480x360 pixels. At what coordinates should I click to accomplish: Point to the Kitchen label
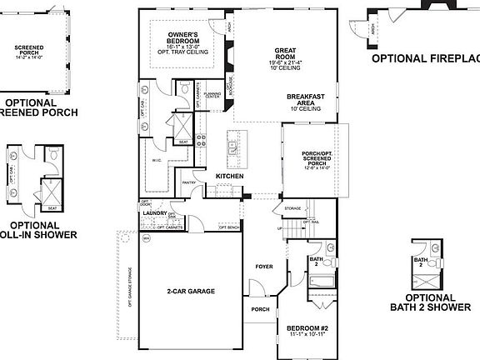click(x=230, y=176)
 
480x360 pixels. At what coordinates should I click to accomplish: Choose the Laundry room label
click(x=155, y=212)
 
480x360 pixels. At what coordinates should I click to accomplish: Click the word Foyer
click(x=264, y=267)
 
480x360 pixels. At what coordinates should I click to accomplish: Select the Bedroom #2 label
click(x=304, y=327)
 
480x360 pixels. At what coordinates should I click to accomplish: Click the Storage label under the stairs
click(x=292, y=208)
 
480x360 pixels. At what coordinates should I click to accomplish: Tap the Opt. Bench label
click(x=229, y=227)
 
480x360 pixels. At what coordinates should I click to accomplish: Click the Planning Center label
click(x=212, y=94)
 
